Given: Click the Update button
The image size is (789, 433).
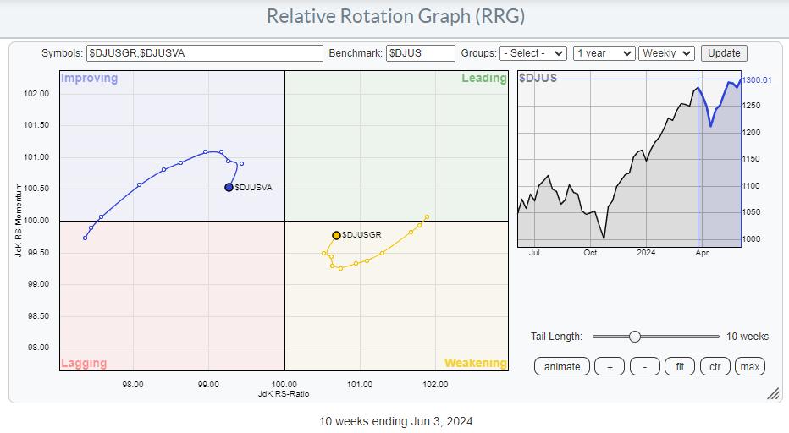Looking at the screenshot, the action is coord(724,53).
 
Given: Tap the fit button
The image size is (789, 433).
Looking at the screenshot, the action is coord(680,367).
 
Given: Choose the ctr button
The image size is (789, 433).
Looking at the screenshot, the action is coord(715,367).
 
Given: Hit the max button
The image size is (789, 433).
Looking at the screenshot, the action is coord(750,367).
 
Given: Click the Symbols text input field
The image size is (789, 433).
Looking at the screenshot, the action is coord(204,53).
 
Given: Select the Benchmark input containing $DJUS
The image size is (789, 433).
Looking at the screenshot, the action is coord(420,53).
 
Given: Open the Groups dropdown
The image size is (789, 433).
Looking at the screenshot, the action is coord(532,53).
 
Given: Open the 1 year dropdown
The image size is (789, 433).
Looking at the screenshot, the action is coord(604,53).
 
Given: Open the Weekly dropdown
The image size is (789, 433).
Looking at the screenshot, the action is coord(666,53).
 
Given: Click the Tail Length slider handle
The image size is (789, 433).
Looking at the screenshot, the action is coord(635,337).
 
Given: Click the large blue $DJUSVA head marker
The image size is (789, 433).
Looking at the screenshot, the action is coord(229,187).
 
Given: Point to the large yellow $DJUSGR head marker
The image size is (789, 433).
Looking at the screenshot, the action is coord(336,235).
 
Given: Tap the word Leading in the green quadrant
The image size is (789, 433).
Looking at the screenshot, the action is coord(484,78).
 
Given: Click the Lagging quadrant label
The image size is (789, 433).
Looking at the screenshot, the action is coord(84,363).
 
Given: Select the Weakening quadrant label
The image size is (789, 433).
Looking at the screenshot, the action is coord(476,363).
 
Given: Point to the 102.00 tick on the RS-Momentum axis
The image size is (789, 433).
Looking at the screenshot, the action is coord(36,94).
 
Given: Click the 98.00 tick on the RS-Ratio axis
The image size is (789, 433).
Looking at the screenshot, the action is coord(133,384).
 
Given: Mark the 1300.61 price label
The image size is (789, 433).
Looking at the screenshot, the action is coord(757,80).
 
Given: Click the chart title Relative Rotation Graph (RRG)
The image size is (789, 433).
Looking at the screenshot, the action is coord(395,16).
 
